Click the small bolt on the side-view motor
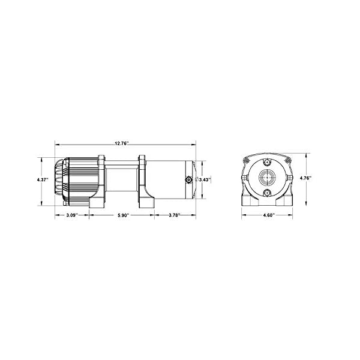click(188, 179)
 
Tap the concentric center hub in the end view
click(265, 178)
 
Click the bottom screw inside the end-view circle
click(265, 193)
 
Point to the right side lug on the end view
click(290, 178)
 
